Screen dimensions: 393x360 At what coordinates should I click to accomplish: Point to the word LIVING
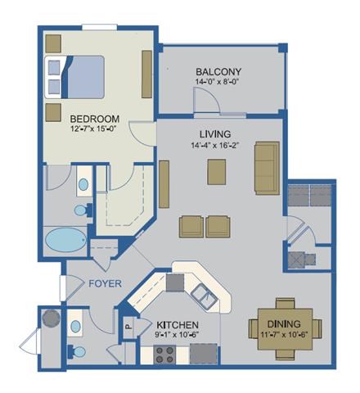214,133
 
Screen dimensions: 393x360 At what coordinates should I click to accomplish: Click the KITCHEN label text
175,323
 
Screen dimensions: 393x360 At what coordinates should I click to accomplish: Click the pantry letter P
128,324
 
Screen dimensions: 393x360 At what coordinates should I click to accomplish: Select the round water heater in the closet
49,317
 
